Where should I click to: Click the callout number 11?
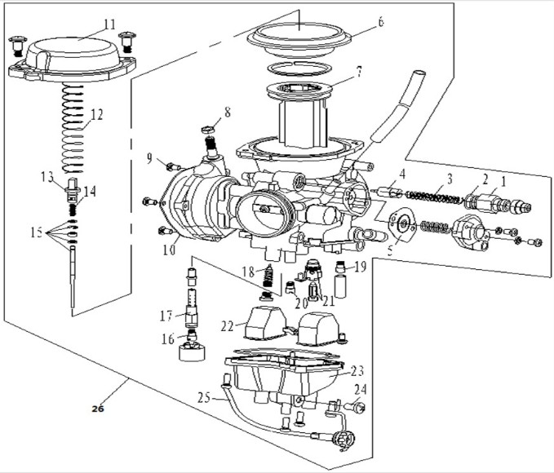109,24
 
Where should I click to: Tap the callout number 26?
98,409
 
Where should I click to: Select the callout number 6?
380,22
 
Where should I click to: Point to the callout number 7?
359,72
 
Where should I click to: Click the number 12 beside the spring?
96,115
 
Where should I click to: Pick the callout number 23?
357,371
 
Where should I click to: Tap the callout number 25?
204,398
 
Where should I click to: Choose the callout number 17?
166,316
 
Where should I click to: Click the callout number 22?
228,326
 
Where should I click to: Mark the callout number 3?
450,179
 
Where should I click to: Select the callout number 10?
169,250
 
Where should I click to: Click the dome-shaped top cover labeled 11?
72,60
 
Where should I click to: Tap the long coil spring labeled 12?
73,128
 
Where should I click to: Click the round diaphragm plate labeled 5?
401,225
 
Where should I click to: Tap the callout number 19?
360,267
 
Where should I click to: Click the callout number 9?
150,158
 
